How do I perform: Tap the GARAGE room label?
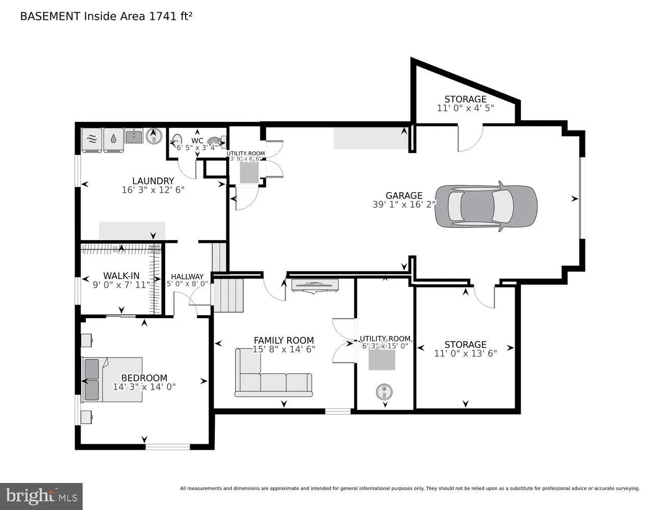click(x=403, y=195)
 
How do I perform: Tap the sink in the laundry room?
click(x=134, y=136)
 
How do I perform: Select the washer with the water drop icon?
click(x=113, y=139)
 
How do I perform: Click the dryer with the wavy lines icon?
click(x=92, y=139)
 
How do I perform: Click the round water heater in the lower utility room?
click(x=384, y=392)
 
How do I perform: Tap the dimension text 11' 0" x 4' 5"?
click(x=465, y=108)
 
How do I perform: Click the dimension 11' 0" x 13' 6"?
click(x=465, y=353)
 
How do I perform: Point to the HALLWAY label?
click(x=187, y=276)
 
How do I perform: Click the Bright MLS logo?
click(x=41, y=496)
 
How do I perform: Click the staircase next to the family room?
click(x=228, y=295)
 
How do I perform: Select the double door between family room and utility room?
click(x=343, y=340)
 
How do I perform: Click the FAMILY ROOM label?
click(x=284, y=340)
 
